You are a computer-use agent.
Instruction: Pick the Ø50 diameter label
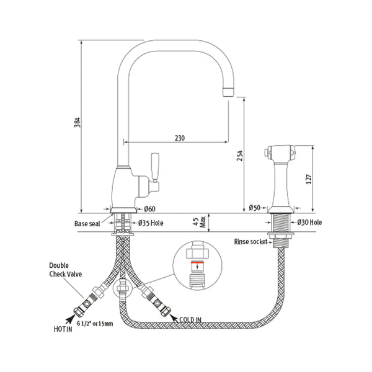point(254,208)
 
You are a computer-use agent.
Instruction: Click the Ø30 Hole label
point(309,222)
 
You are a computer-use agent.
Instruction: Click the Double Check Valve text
point(64,270)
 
